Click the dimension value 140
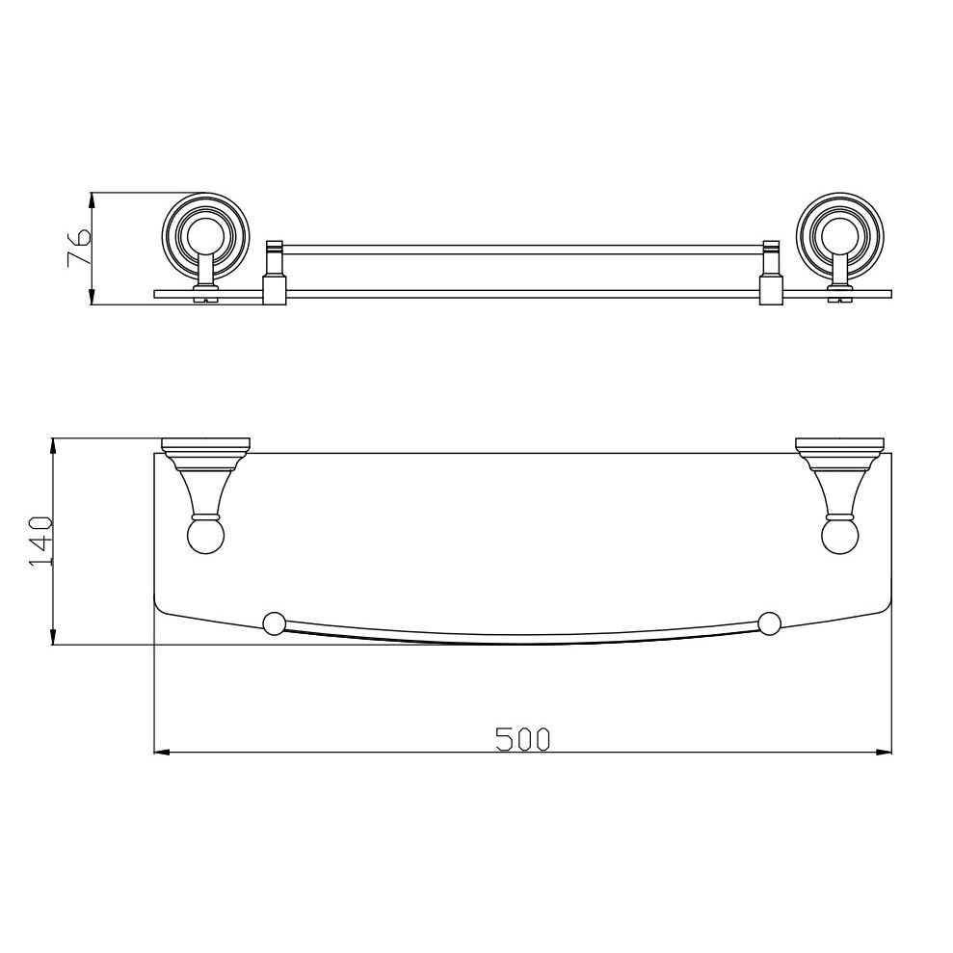point(41,542)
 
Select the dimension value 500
point(522,739)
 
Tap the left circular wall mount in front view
point(206,236)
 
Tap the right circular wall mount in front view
point(840,236)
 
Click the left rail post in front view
point(274,273)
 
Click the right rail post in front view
point(771,273)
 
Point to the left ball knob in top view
point(206,536)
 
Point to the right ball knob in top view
point(840,536)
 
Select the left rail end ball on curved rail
point(274,623)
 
